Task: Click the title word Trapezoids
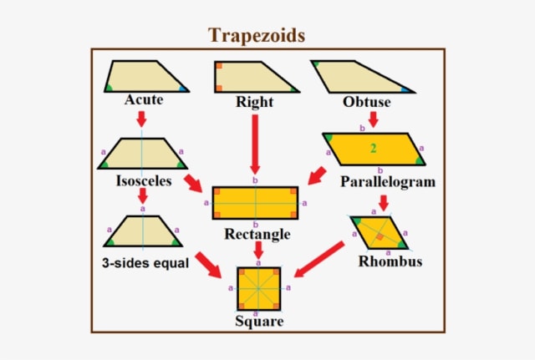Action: point(257,35)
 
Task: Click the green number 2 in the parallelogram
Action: point(374,149)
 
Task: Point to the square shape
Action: point(258,289)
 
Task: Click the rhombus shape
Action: point(379,232)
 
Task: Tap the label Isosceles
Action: point(144,180)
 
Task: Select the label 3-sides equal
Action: point(145,263)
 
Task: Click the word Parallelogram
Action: point(388,182)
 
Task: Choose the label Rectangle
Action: point(257,234)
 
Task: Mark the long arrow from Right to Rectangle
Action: point(255,145)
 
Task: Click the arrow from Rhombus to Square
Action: point(319,259)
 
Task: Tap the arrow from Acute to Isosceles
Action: point(141,119)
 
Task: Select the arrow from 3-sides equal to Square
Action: point(208,266)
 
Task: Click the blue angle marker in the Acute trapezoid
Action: point(183,89)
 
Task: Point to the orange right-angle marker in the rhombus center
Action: point(380,236)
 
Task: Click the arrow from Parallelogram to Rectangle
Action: point(317,175)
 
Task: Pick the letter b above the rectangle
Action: point(255,180)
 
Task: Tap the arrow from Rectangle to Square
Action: point(258,251)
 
